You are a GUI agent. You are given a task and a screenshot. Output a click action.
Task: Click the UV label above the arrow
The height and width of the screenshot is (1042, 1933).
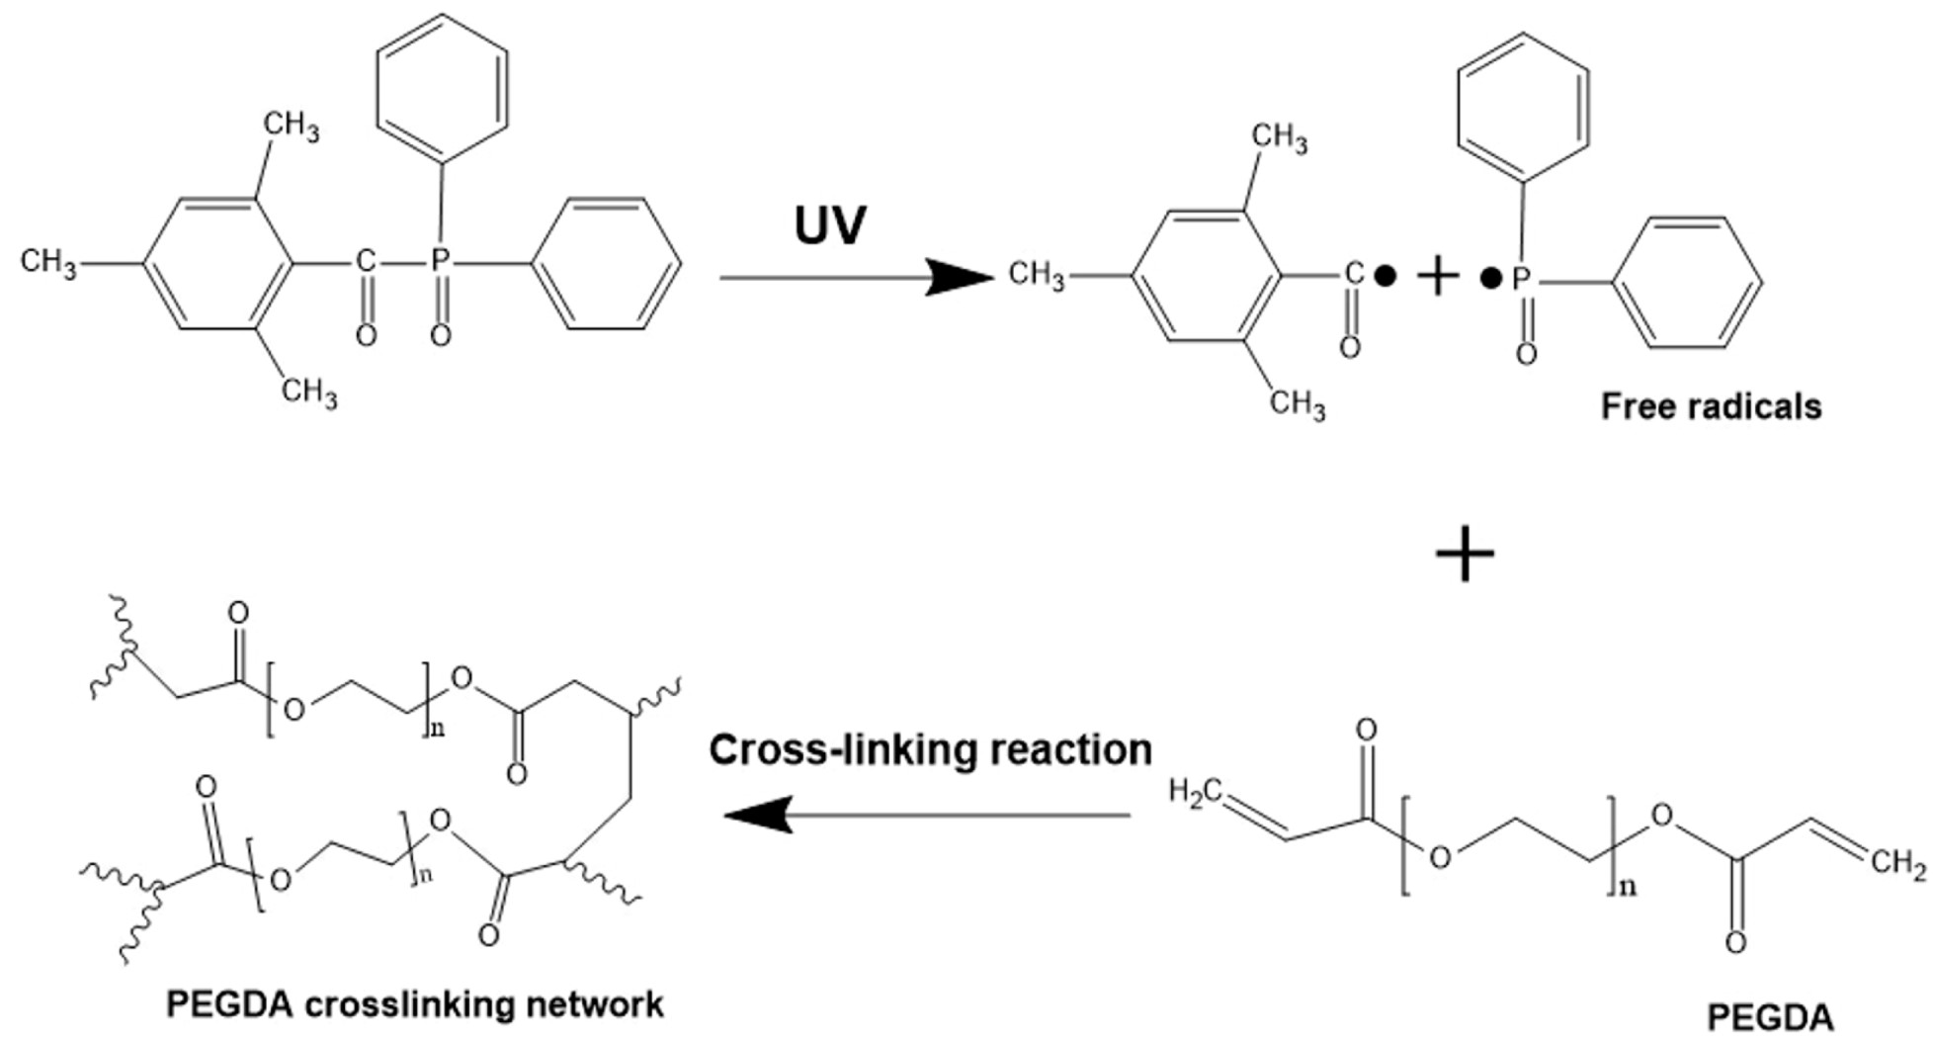[x=830, y=225]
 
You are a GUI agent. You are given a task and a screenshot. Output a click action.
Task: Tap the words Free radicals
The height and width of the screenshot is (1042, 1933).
[x=1711, y=406]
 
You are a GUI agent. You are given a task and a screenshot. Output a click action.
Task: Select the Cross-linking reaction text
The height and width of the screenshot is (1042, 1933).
[x=930, y=750]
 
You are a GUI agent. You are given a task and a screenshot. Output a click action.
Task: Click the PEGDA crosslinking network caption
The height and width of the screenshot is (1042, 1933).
[x=415, y=1004]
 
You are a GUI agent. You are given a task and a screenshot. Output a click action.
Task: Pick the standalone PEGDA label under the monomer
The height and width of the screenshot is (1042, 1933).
[x=1771, y=1017]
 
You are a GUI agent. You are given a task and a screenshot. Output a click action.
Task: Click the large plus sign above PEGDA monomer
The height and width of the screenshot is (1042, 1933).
[x=1465, y=556]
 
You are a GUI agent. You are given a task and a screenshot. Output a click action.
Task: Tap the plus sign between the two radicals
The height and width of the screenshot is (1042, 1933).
[x=1438, y=276]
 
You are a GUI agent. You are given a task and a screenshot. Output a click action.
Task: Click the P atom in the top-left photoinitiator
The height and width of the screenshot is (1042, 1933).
[x=441, y=261]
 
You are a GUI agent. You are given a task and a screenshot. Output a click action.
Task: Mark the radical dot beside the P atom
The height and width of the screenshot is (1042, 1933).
[x=1490, y=279]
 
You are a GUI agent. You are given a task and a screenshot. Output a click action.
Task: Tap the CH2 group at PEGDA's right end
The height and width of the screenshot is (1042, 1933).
[x=1897, y=863]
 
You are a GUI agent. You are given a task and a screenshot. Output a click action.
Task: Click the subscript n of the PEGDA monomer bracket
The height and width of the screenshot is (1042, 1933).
[x=1626, y=887]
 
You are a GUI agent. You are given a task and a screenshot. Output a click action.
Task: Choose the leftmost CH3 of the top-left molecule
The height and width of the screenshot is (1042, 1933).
[x=47, y=262]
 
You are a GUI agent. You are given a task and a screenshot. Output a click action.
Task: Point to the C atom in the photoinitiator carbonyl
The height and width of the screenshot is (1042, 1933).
[x=366, y=261]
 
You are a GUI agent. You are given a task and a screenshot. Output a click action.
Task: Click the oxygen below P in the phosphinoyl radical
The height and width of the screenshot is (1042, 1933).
[x=1526, y=354]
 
